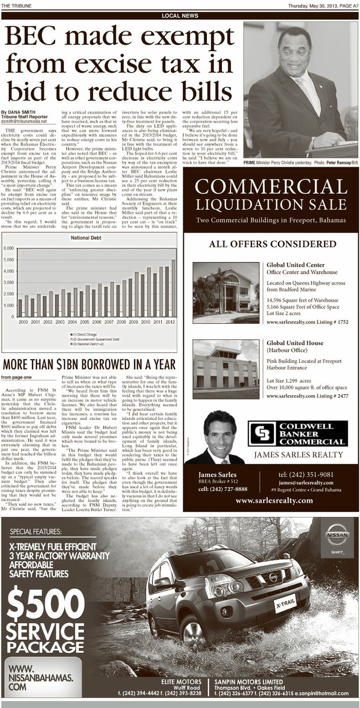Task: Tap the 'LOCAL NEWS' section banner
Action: click(179, 16)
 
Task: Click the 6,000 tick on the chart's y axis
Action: click(11, 248)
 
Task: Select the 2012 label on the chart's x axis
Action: click(170, 321)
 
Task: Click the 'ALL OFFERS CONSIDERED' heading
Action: click(272, 244)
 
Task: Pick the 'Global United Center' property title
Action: click(295, 265)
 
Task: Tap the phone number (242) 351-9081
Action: click(306, 474)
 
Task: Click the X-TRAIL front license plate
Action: click(286, 603)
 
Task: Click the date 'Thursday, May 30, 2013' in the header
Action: click(308, 6)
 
